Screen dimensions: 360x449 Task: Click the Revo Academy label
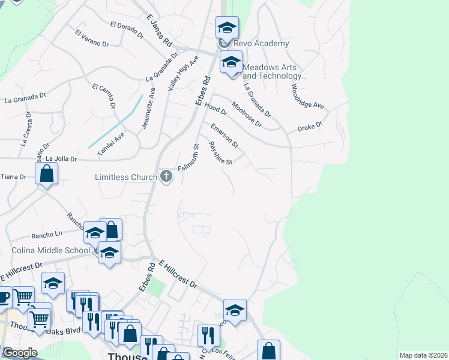pyautogui.click(x=261, y=44)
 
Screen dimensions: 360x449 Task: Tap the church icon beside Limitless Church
pyautogui.click(x=166, y=176)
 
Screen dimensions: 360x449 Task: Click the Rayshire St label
pyautogui.click(x=220, y=152)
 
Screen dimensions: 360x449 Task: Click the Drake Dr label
pyautogui.click(x=310, y=127)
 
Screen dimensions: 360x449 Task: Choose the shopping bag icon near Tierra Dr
pyautogui.click(x=46, y=174)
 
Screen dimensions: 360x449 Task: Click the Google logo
pyautogui.click(x=20, y=353)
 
